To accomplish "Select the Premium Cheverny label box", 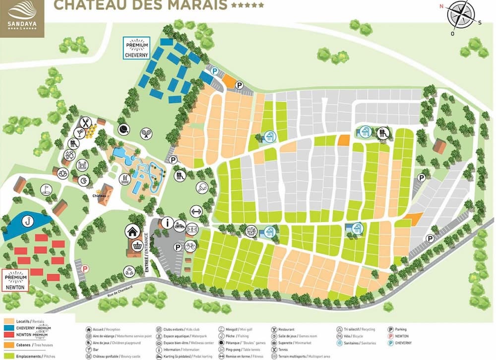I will tap(136, 48).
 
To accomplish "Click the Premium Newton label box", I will tap(15, 280).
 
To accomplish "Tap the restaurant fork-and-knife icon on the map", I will tap(86, 121).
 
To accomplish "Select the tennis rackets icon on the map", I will tap(146, 132).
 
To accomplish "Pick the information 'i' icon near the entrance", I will tap(167, 223).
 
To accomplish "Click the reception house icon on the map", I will tap(132, 231).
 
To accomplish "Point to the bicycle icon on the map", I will tap(190, 246).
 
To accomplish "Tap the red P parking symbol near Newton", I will tap(85, 269).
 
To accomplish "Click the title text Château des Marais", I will tap(140, 5).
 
